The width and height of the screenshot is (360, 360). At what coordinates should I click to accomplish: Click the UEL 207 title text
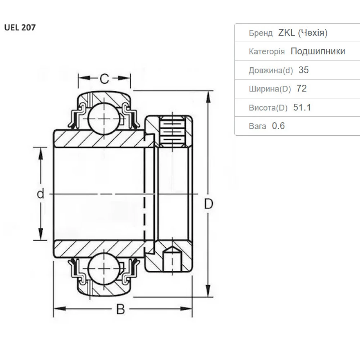[20, 28]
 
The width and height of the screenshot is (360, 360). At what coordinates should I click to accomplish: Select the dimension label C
[104, 78]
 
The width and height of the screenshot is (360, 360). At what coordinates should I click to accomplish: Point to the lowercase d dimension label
[41, 194]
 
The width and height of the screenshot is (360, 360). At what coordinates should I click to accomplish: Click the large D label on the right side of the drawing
[208, 204]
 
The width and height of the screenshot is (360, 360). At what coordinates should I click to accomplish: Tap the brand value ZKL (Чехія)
[302, 33]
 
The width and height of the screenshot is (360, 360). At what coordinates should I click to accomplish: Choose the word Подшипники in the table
[318, 51]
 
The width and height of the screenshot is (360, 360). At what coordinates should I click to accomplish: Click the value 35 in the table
[303, 70]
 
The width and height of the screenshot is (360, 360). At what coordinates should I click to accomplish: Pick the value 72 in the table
[301, 89]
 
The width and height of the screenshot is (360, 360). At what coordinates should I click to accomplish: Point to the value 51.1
[302, 107]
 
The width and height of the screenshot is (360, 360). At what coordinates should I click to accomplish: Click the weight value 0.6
[278, 126]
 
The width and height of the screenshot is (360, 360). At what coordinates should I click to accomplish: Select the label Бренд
[261, 33]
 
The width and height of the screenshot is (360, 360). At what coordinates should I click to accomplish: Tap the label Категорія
[267, 51]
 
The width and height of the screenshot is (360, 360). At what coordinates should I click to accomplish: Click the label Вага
[257, 126]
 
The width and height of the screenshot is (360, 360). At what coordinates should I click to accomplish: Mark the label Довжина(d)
[271, 70]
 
